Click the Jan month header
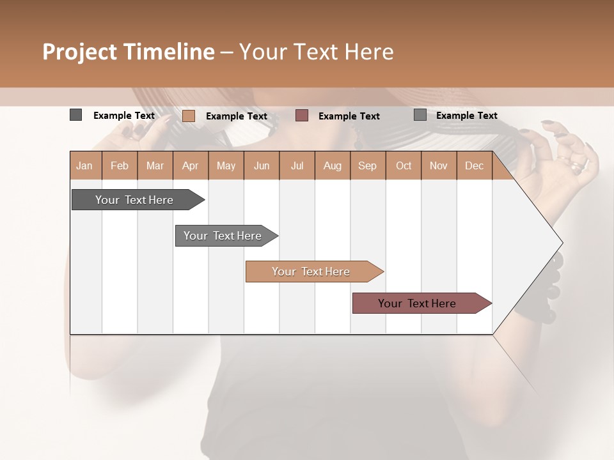click(85, 165)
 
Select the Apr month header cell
click(191, 165)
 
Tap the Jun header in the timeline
click(262, 165)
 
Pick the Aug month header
click(332, 165)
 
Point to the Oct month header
click(404, 165)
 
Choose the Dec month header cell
click(474, 165)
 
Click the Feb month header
click(120, 165)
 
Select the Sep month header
click(367, 165)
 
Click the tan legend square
click(188, 116)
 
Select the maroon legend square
click(302, 116)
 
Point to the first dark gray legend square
click(75, 115)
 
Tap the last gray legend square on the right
click(420, 115)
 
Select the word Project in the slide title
click(81, 52)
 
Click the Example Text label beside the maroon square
click(349, 116)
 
